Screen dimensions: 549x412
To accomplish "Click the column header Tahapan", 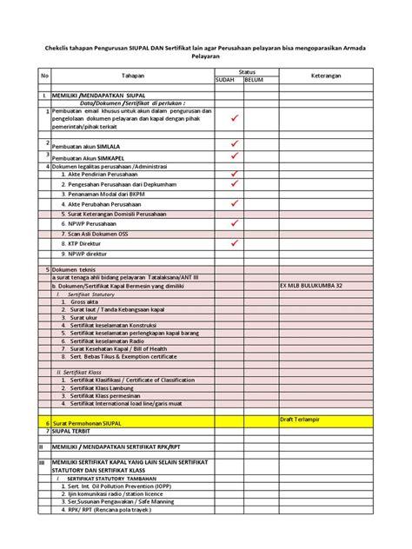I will click(133, 76).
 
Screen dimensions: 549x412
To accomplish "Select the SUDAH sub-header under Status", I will click(226, 79).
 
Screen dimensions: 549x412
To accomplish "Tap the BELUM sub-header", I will click(254, 79).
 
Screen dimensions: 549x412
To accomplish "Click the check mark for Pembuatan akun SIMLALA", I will click(234, 142).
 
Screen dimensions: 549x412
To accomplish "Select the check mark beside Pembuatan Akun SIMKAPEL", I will click(234, 156).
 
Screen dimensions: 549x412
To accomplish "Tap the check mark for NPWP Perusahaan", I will click(234, 222).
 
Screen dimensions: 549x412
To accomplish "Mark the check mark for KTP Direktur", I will click(234, 244).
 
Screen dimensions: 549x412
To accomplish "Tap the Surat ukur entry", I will click(89, 318).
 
